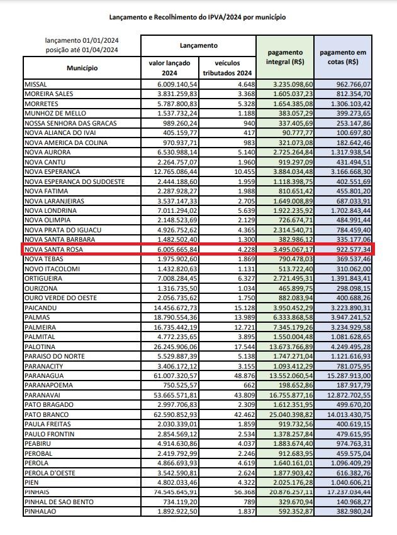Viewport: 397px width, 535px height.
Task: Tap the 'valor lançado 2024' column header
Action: tap(169, 68)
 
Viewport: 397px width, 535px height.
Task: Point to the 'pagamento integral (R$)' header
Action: tap(285, 57)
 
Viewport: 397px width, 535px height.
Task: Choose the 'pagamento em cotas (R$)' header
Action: tap(344, 57)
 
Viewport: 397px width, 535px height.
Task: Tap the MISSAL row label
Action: tap(35, 84)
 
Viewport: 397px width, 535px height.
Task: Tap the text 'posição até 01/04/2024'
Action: tap(82, 50)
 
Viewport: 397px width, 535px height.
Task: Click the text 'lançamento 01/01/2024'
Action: tap(82, 40)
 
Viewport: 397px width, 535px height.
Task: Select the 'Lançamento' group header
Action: tap(198, 46)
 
